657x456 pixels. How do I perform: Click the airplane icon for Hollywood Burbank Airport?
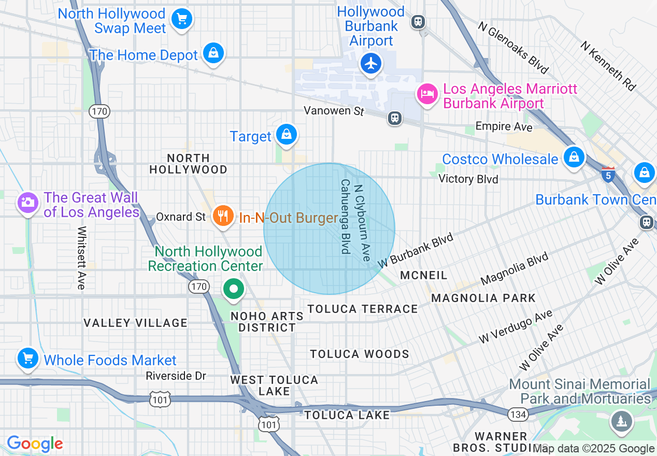[371, 64]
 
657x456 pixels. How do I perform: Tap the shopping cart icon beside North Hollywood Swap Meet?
[181, 19]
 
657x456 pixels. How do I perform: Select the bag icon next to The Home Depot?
[213, 53]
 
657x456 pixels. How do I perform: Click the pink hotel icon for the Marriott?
[427, 94]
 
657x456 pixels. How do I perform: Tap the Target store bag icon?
[285, 134]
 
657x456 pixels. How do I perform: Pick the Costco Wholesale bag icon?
[574, 156]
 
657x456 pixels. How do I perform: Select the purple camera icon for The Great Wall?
[27, 202]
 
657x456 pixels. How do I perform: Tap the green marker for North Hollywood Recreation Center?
[234, 289]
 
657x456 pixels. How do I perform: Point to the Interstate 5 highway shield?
[608, 174]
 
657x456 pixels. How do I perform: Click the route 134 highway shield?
[517, 414]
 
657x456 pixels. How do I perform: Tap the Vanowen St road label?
[334, 110]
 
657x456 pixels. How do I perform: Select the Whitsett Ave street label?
[81, 258]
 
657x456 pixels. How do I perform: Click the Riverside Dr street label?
[176, 376]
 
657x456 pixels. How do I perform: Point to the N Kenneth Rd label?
[608, 66]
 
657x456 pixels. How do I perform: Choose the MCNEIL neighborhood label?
[423, 275]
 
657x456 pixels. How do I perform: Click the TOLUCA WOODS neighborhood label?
[360, 354]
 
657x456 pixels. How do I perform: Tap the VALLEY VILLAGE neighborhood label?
[135, 323]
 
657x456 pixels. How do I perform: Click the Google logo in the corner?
[35, 444]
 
